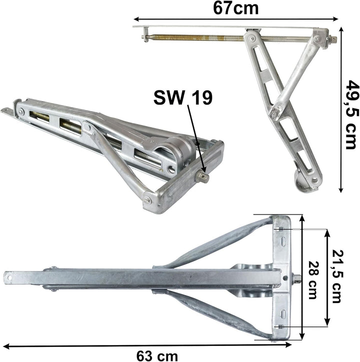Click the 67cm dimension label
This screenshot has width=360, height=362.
235,8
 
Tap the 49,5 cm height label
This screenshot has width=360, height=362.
352,114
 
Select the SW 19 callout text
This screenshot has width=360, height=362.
182,97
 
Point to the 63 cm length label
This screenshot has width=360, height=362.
157,356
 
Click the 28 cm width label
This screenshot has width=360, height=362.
313,280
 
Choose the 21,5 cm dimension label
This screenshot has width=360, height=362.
336,276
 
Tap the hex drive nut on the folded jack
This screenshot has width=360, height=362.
202,177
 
